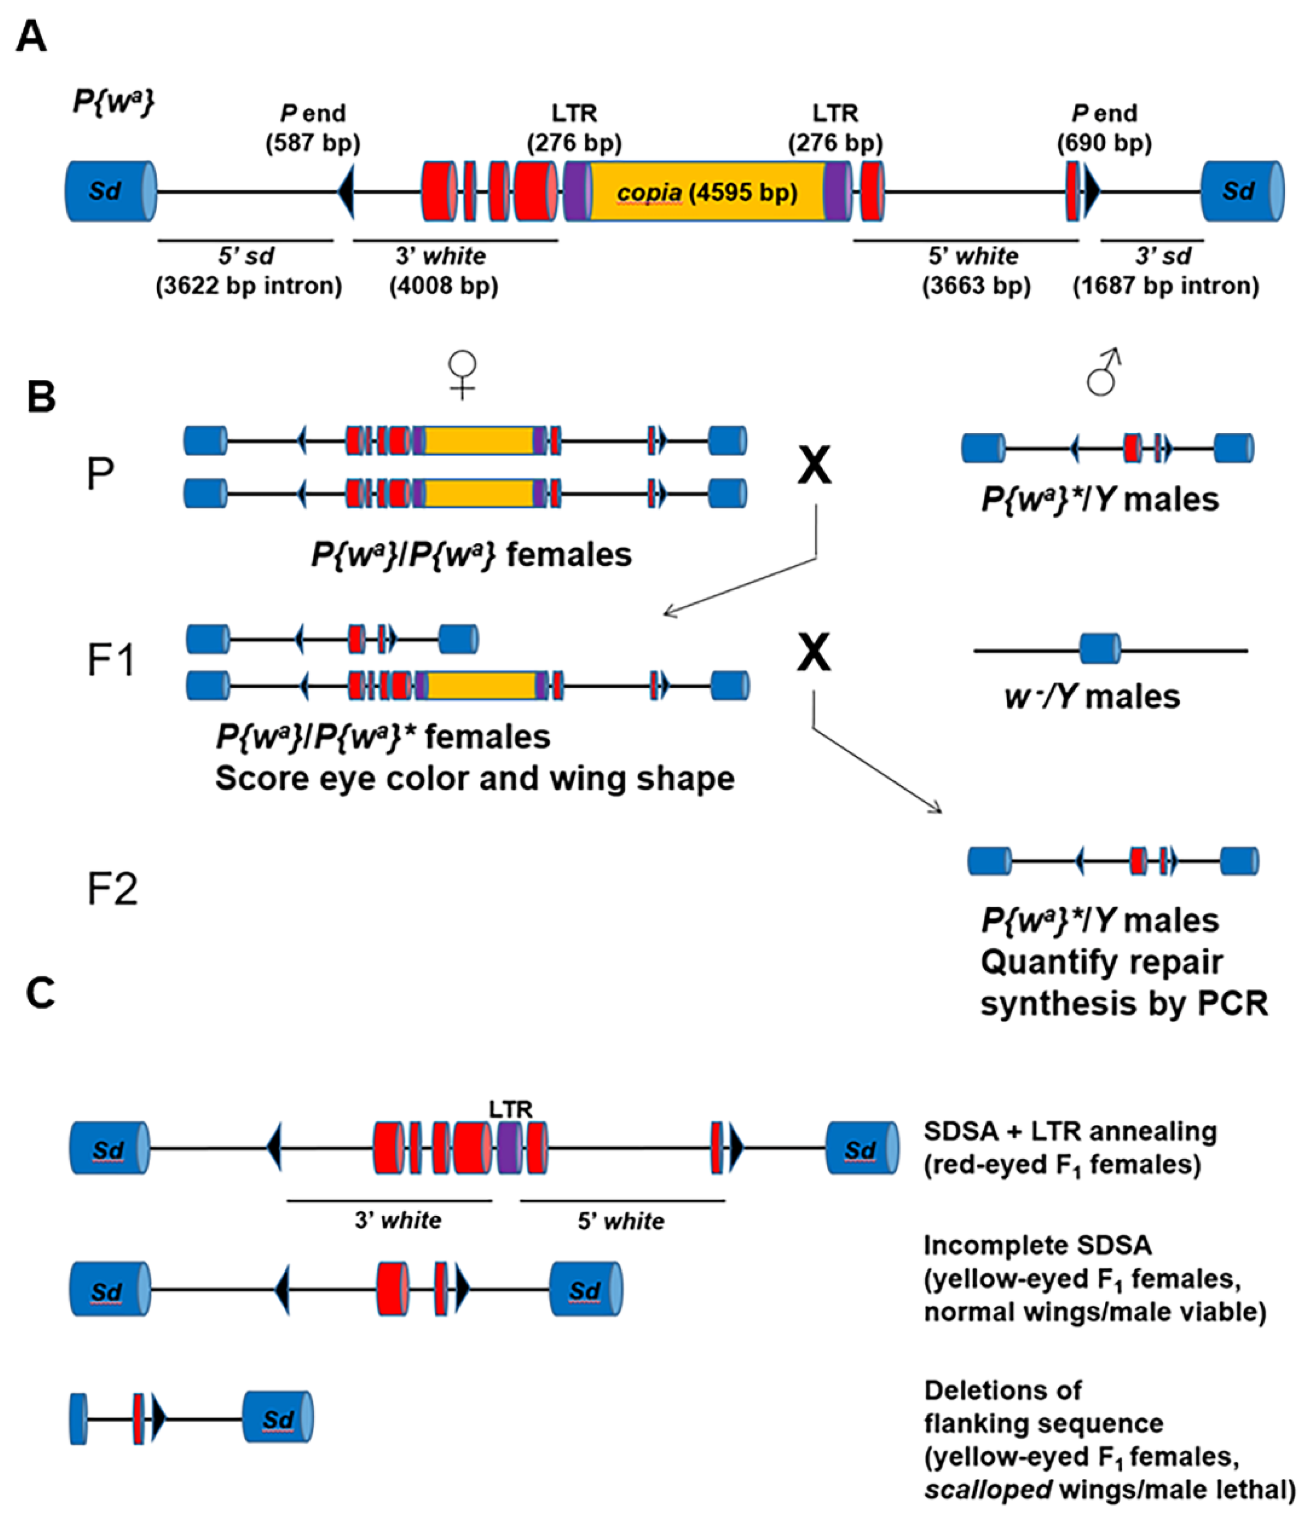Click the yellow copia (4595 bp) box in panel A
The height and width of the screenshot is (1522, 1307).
706,192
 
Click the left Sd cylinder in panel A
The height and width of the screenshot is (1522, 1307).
110,192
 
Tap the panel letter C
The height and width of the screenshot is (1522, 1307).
40,993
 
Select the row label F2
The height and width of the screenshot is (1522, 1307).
112,889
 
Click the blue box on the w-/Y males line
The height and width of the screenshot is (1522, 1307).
1099,649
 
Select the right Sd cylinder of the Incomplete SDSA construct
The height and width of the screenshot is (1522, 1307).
585,1289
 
